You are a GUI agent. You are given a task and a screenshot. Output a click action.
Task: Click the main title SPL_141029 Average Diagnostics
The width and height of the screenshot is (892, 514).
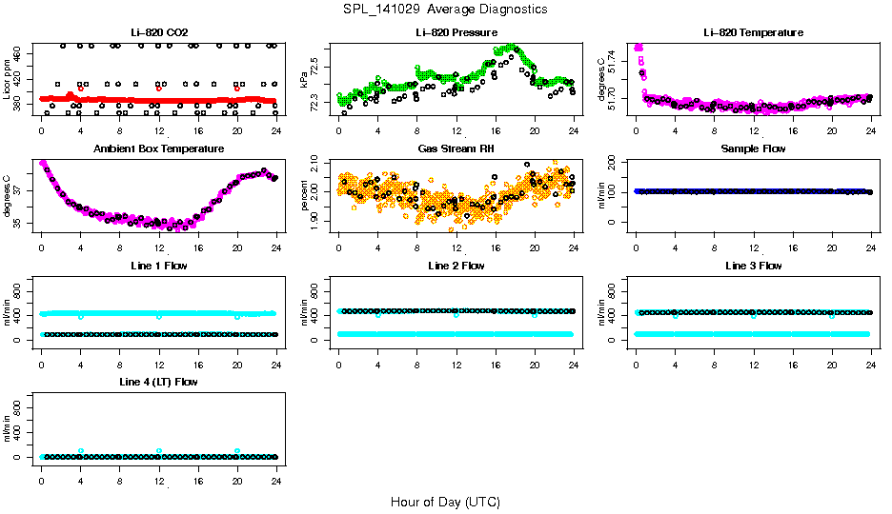[446, 9]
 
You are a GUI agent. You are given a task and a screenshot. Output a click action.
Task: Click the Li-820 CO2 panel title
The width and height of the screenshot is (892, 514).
[158, 32]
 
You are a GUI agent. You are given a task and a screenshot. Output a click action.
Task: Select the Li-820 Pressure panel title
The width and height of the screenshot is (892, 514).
[456, 32]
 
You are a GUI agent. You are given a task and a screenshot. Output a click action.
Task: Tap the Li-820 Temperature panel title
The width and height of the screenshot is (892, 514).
[753, 32]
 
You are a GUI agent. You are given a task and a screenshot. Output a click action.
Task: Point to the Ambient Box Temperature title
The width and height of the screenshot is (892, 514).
[158, 149]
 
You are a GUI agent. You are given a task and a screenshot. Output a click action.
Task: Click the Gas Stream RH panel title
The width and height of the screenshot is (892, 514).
[456, 149]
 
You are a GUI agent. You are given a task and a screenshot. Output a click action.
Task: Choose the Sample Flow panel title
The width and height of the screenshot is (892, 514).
[753, 149]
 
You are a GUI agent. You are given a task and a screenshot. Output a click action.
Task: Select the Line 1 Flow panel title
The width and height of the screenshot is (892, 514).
[158, 266]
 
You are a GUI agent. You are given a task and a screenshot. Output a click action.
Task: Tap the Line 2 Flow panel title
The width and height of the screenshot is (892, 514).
[456, 266]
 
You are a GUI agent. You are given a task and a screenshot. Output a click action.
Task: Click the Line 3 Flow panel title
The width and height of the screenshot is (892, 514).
[753, 266]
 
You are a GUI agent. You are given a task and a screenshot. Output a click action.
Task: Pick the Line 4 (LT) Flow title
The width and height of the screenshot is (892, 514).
[158, 382]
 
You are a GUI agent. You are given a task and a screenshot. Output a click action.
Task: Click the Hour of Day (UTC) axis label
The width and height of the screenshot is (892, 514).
[445, 502]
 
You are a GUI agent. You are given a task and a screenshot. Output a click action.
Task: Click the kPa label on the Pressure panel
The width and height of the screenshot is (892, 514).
[305, 79]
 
